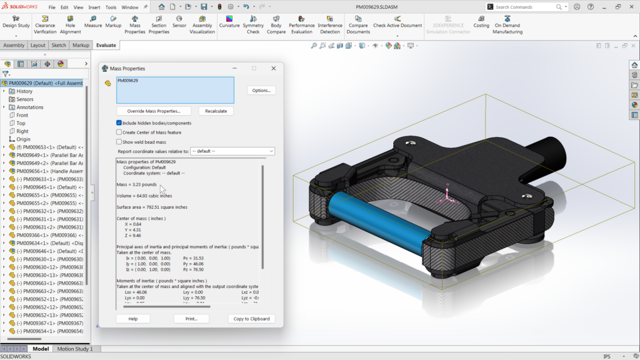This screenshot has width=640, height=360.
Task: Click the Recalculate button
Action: pos(216,111)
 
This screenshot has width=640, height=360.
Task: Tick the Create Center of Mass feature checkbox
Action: pos(119,132)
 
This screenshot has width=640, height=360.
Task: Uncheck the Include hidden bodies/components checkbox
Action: pos(119,123)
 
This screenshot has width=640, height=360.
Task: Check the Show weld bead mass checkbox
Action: pos(119,142)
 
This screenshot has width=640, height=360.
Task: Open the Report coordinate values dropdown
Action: pos(232,151)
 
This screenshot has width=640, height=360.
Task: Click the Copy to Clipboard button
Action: pos(251,319)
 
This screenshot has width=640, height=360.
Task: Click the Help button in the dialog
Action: pos(133,319)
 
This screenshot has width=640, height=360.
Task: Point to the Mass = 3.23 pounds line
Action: pos(137,185)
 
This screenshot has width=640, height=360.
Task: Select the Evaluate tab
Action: pos(106,45)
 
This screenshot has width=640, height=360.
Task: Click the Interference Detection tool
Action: pos(330,25)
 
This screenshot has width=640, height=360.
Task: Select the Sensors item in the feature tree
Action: pos(24,99)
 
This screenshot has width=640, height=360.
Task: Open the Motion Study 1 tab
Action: pos(74,349)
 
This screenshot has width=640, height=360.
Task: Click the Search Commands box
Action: pos(524,7)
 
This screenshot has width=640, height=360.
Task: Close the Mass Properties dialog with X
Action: pos(274,68)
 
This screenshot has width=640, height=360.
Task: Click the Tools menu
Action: pos(111,7)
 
